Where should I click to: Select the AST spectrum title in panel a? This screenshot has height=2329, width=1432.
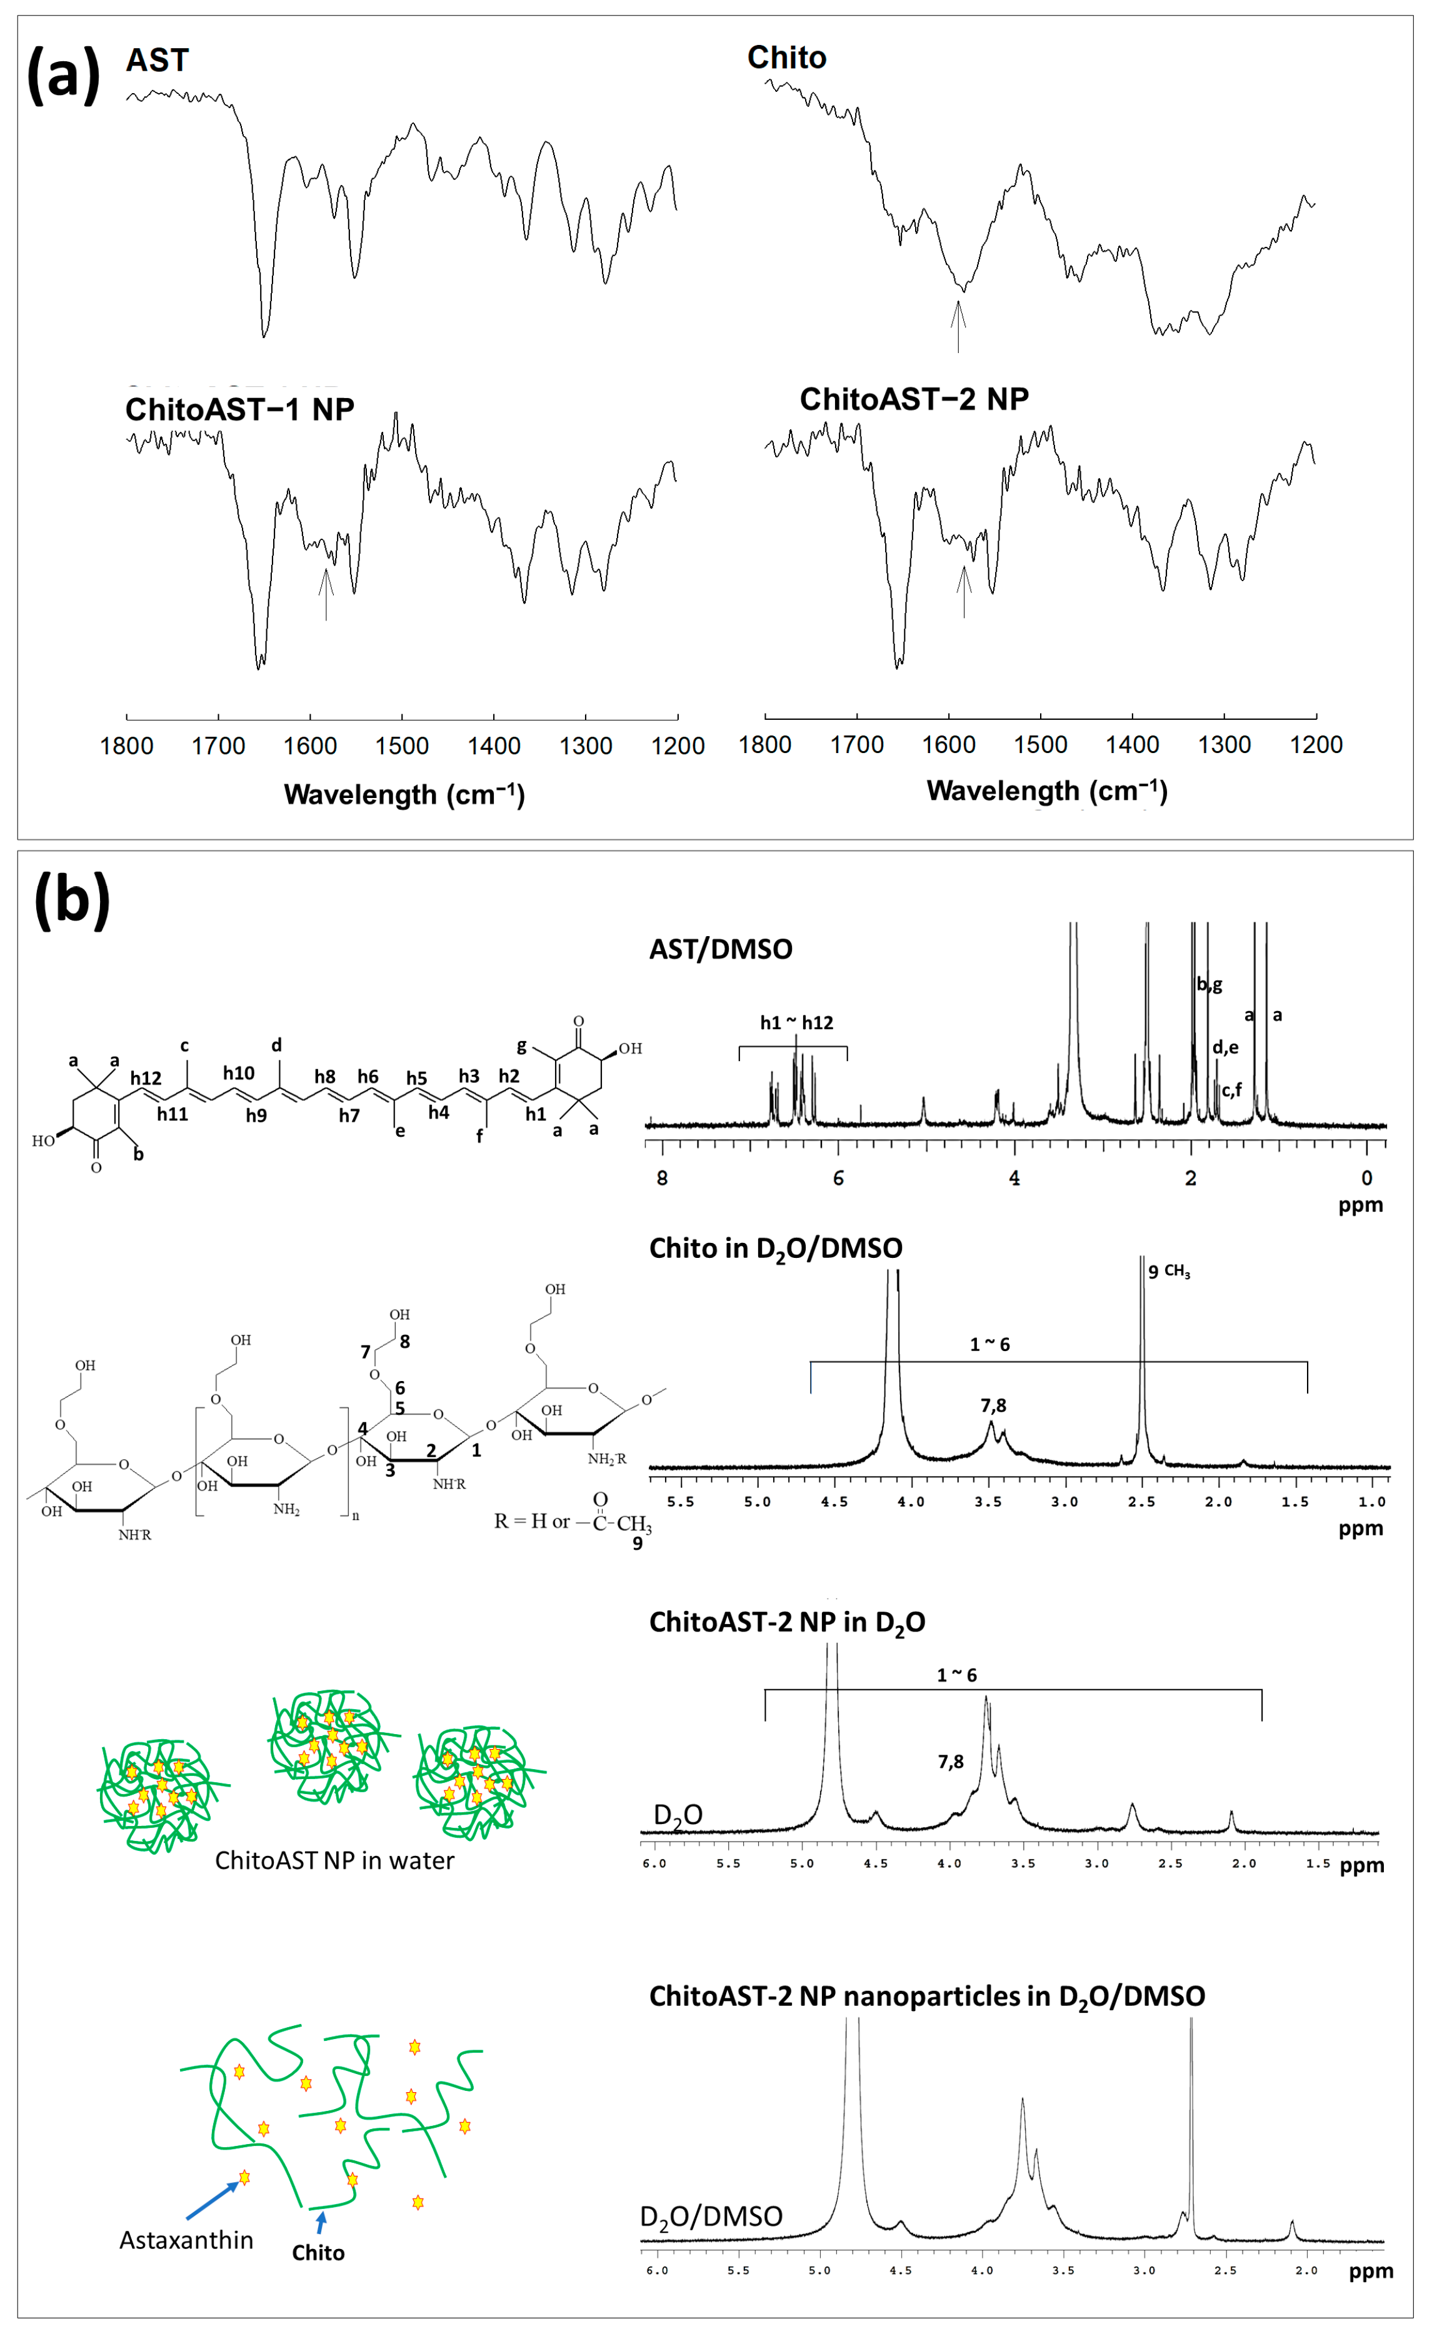pyautogui.click(x=158, y=61)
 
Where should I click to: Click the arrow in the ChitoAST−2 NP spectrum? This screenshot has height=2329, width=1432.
pyautogui.click(x=964, y=592)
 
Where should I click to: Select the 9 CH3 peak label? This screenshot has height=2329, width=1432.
pyautogui.click(x=1168, y=1272)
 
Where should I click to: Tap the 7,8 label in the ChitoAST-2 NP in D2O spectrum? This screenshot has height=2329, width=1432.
pyautogui.click(x=950, y=1761)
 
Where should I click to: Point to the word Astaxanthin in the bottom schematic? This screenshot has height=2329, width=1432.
pyautogui.click(x=186, y=2240)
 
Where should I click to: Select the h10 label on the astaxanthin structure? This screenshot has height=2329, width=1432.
pyautogui.click(x=239, y=1073)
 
